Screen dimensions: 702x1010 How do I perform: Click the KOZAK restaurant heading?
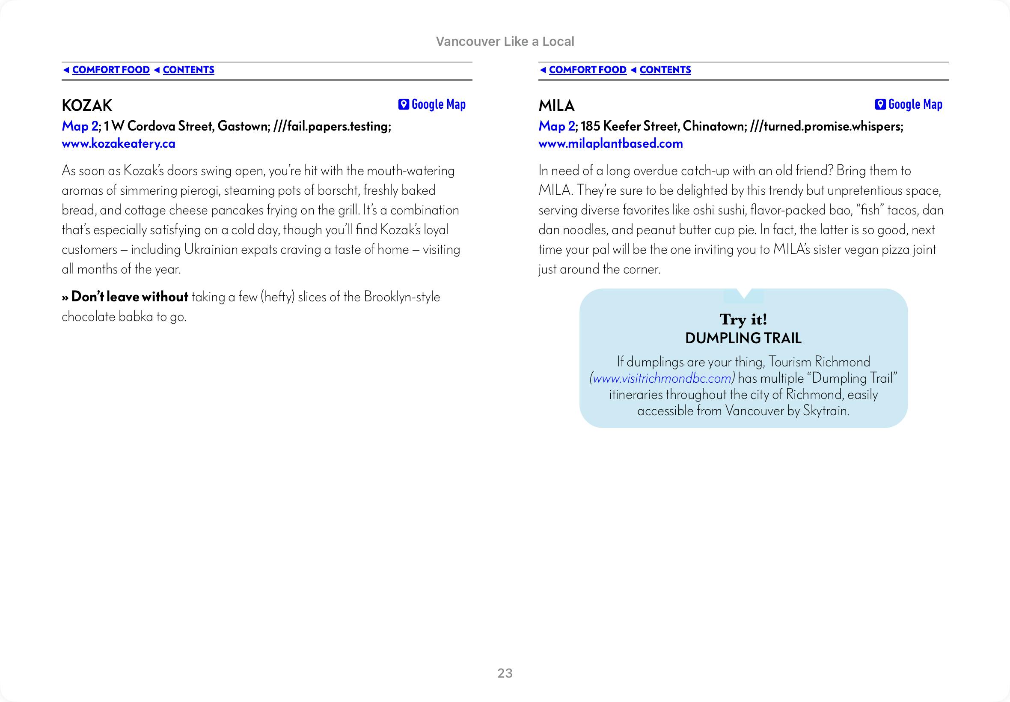(x=87, y=106)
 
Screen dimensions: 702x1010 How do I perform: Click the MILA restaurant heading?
(x=556, y=106)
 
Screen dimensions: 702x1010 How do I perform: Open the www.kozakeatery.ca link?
(x=118, y=143)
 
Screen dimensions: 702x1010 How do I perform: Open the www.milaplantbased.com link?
(x=610, y=143)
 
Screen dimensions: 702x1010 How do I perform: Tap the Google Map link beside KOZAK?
(x=438, y=104)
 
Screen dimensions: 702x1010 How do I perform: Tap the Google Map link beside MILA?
(x=915, y=104)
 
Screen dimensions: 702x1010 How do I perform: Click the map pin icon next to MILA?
(x=880, y=104)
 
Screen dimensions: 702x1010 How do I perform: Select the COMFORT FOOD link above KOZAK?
(x=111, y=70)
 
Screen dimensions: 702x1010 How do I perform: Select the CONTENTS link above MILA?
(x=665, y=70)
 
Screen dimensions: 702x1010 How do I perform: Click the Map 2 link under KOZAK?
(x=80, y=126)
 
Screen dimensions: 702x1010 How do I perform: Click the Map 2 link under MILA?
(x=556, y=126)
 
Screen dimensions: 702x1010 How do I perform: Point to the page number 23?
(x=505, y=673)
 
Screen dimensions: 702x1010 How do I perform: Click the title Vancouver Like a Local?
(x=505, y=42)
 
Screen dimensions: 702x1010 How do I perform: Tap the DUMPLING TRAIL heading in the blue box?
(x=743, y=338)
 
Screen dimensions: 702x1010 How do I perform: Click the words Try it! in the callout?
(x=743, y=319)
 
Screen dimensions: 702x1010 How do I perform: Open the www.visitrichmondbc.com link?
(x=662, y=378)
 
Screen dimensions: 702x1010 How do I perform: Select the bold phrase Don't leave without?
(x=129, y=297)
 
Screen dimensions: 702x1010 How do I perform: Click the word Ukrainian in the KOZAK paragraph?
(x=211, y=250)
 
